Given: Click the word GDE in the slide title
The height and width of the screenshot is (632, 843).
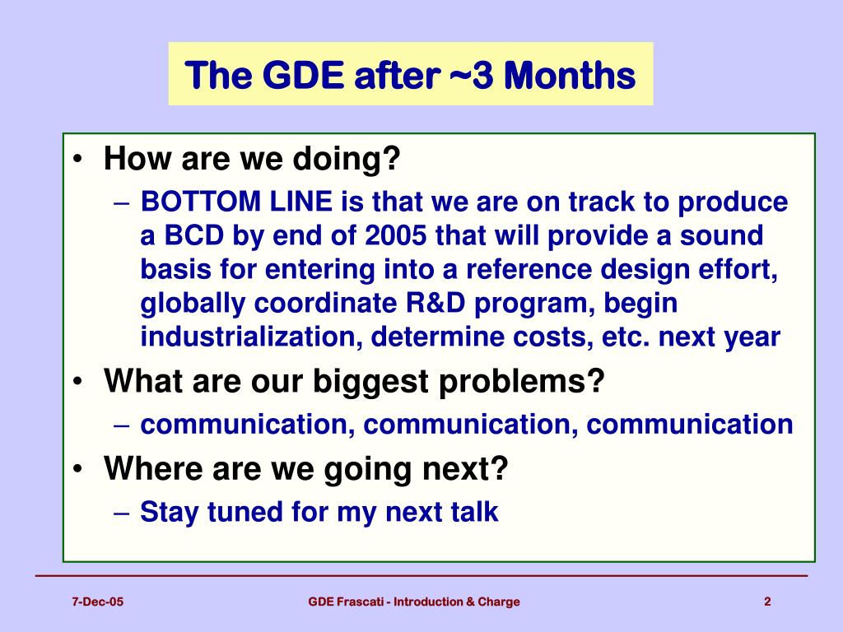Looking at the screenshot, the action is (x=303, y=75).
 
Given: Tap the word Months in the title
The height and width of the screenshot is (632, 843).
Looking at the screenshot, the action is (x=570, y=75).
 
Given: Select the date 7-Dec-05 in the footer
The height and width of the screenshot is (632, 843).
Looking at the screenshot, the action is (x=97, y=602).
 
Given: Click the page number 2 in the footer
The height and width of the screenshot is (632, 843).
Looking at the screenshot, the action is (x=768, y=602).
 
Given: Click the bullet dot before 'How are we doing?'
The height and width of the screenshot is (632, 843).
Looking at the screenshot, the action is (x=78, y=159).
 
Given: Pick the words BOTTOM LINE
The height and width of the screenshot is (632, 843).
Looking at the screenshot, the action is (x=236, y=202).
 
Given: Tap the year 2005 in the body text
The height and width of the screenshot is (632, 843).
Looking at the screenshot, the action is (x=396, y=235).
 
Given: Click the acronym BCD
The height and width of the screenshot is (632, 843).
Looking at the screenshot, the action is (x=193, y=235).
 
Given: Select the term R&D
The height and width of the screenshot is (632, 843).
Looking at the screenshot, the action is (x=435, y=303).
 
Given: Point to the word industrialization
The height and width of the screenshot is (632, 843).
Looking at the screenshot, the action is (x=251, y=337).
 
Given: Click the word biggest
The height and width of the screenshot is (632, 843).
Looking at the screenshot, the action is (x=371, y=381).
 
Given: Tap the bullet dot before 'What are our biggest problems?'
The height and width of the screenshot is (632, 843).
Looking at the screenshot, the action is (x=78, y=381).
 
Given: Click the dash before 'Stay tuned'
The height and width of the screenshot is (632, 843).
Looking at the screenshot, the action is (x=122, y=513).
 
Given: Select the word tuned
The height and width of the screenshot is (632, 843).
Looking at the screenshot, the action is (x=245, y=511).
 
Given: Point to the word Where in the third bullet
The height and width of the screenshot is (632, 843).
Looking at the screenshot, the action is (x=154, y=468).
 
